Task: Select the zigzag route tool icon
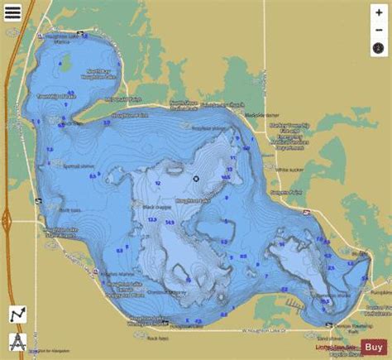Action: click(x=17, y=315)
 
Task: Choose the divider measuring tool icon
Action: click(x=17, y=341)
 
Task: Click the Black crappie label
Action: click(x=138, y=207)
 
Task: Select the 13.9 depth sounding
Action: click(x=152, y=219)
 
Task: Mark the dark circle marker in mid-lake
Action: click(x=196, y=178)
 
